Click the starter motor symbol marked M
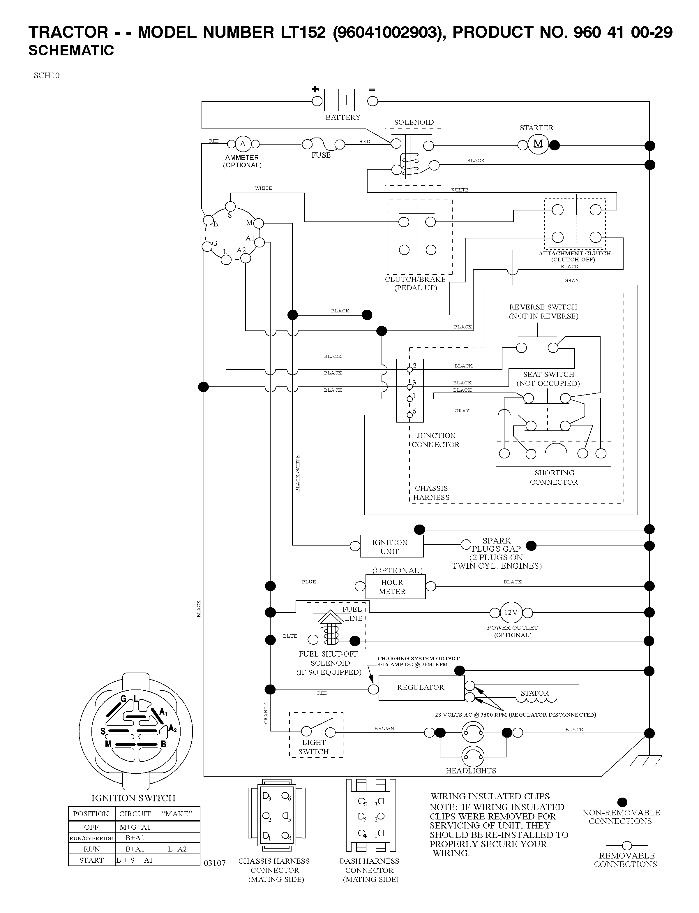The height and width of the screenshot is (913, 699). click(538, 145)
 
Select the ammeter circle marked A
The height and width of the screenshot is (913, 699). click(243, 144)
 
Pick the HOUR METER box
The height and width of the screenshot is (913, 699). click(395, 587)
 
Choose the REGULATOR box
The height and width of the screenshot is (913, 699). click(421, 687)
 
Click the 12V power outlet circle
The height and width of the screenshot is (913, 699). click(511, 613)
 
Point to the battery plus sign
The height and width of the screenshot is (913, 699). click(315, 89)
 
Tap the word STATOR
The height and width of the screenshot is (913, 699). click(535, 693)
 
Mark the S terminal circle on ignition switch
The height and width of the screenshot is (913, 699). click(230, 206)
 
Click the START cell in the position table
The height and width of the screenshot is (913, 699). click(91, 860)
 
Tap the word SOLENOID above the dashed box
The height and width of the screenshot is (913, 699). click(414, 122)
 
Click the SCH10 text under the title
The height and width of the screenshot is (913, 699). click(47, 75)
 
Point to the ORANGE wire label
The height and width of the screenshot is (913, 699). click(266, 713)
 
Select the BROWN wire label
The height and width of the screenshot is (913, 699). click(384, 728)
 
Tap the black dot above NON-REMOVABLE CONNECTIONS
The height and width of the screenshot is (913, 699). click(622, 802)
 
